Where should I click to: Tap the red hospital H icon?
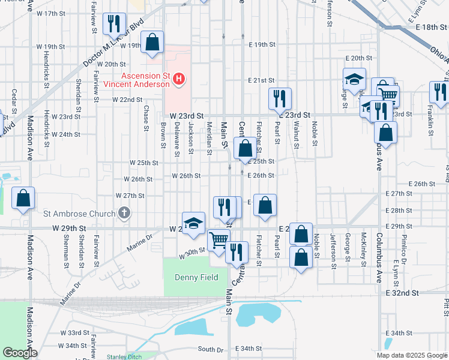pyautogui.click(x=178, y=79)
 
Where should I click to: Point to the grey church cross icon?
pyautogui.click(x=124, y=212)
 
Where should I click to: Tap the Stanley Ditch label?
pyautogui.click(x=124, y=356)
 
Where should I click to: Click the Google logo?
pyautogui.click(x=19, y=353)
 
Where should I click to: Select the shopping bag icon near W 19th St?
pyautogui.click(x=153, y=42)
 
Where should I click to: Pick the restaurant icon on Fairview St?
pyautogui.click(x=113, y=24)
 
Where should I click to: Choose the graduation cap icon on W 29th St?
pyautogui.click(x=193, y=223)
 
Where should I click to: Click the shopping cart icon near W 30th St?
pyautogui.click(x=218, y=241)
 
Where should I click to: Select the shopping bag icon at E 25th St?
pyautogui.click(x=245, y=148)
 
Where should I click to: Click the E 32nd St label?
pyautogui.click(x=402, y=293)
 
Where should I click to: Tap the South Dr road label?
pyautogui.click(x=210, y=349)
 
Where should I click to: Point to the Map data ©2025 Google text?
pyautogui.click(x=412, y=355)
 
